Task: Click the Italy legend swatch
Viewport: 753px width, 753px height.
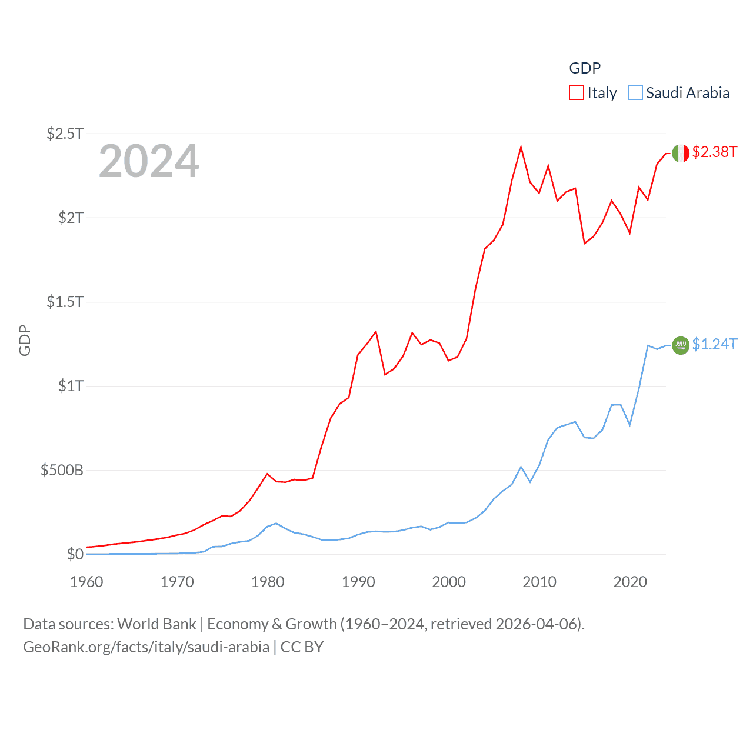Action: click(x=577, y=93)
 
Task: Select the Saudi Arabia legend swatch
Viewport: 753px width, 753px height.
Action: click(x=635, y=93)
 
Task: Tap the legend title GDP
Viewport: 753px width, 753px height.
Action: click(x=585, y=68)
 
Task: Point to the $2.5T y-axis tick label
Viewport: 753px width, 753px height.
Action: click(x=65, y=134)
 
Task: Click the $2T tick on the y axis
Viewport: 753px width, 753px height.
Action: click(x=71, y=218)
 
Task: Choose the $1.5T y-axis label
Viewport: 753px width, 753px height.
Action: click(x=65, y=302)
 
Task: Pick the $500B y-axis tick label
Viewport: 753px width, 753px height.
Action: click(x=62, y=470)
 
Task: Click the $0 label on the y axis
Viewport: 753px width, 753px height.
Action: click(x=75, y=554)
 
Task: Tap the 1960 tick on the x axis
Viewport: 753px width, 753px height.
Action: click(x=86, y=582)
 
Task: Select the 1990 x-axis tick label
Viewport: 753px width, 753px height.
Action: click(x=358, y=582)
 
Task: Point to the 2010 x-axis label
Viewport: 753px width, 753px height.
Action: click(x=539, y=582)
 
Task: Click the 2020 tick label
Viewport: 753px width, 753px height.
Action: click(x=630, y=582)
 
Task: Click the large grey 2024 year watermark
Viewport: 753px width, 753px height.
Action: click(x=149, y=161)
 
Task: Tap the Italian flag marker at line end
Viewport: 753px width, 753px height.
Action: click(x=681, y=153)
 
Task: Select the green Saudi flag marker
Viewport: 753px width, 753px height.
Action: click(x=681, y=345)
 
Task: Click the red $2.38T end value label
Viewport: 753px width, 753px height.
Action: click(x=714, y=152)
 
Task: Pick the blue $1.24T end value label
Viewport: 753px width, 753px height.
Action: click(x=714, y=344)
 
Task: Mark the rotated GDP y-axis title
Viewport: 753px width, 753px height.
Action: click(x=25, y=340)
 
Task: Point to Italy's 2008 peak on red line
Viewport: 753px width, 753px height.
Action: click(x=521, y=147)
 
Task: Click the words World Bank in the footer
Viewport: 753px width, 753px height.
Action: click(x=156, y=624)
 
